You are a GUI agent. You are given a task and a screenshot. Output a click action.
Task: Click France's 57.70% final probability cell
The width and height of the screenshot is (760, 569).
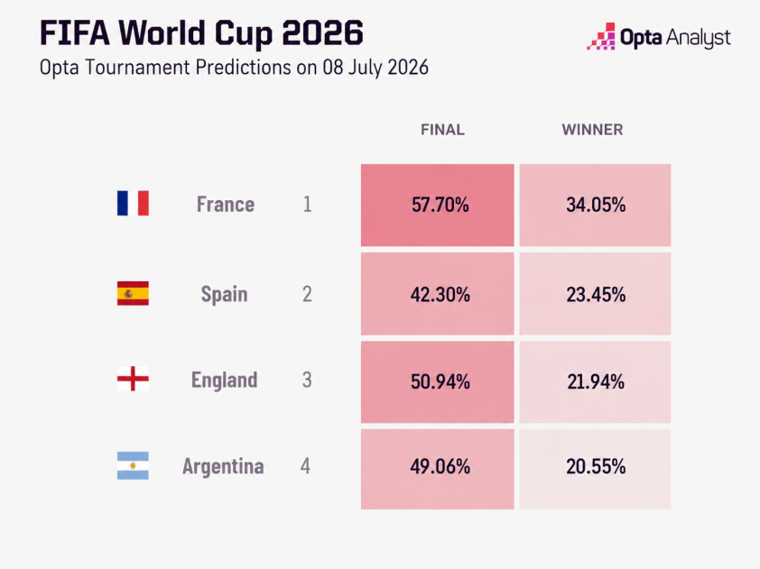[437, 205]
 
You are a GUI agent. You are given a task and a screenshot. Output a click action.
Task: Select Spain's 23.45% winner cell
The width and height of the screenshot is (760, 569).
[595, 294]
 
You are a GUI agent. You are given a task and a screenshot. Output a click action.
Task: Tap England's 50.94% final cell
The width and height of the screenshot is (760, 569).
[437, 382]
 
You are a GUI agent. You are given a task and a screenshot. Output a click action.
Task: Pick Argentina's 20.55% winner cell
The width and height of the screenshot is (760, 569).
[595, 469]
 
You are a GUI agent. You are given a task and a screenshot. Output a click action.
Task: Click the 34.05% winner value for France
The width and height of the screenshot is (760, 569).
[595, 205]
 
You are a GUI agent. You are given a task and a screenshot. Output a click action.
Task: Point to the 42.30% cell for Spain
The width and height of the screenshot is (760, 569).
[437, 294]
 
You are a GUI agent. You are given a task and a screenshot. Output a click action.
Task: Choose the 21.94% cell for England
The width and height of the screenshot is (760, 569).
[595, 382]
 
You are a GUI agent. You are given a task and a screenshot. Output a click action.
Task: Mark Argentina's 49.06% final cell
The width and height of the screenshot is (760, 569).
[437, 469]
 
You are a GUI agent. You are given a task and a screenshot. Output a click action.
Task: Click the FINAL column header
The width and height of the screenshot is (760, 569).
[442, 130]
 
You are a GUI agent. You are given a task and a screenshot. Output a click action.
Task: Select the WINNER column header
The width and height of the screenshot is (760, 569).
[592, 130]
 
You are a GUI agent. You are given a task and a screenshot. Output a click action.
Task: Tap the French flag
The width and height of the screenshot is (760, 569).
[133, 204]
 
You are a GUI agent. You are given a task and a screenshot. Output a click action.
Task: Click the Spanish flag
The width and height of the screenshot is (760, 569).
[133, 293]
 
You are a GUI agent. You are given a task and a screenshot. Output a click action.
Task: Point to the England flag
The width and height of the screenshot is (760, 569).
[133, 379]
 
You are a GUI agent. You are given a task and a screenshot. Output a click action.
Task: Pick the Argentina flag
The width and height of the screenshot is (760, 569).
[133, 466]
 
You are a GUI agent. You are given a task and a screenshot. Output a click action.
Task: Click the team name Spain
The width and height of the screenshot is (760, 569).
[225, 295]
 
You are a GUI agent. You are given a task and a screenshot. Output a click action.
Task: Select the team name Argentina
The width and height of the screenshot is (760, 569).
[223, 466]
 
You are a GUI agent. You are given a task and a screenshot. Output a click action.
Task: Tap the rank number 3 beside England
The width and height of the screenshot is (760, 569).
[307, 381]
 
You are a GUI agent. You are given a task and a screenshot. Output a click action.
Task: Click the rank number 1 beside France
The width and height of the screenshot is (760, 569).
[307, 205]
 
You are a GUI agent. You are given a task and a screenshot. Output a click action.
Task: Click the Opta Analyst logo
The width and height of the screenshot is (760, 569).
[659, 37]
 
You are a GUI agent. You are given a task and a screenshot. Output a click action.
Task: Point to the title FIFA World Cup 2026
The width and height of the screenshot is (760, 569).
[201, 33]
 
